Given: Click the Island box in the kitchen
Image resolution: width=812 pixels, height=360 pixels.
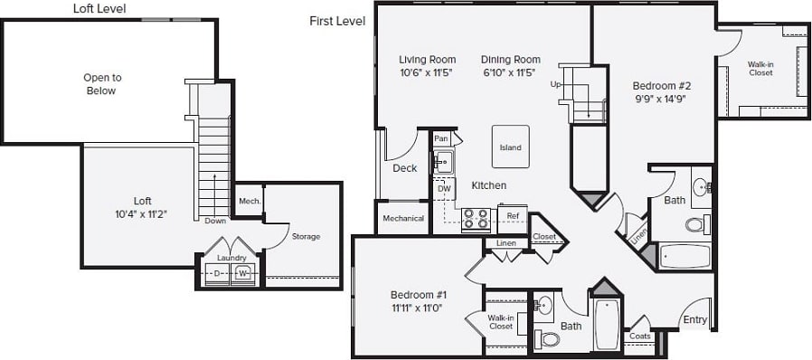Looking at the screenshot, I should [510, 147].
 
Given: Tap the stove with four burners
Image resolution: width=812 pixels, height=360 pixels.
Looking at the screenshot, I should [476, 218].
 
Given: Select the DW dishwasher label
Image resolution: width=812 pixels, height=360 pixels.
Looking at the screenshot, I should [444, 189].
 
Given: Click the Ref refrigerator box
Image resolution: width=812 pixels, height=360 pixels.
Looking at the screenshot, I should [512, 216].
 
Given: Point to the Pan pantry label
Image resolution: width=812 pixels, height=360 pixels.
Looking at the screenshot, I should [441, 138].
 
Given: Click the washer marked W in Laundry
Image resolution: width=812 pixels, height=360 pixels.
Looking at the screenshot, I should [242, 272].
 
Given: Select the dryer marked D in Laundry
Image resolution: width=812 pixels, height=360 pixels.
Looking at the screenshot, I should [217, 272].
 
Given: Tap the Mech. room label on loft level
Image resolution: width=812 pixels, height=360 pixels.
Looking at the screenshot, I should [249, 201].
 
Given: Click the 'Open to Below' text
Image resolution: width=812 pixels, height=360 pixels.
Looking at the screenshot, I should [102, 84].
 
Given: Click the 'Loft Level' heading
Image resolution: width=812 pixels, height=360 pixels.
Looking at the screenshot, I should [99, 9].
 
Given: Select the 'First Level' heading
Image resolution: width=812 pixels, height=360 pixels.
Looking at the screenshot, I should [336, 20].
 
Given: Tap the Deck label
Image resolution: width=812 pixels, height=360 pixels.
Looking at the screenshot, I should [404, 168].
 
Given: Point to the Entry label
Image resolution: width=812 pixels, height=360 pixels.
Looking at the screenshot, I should [694, 319].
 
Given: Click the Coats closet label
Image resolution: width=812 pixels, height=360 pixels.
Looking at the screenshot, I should [639, 336].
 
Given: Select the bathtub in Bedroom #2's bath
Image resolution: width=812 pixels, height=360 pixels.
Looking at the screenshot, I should [685, 256].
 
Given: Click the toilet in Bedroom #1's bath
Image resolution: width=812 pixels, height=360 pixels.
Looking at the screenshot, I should [548, 339].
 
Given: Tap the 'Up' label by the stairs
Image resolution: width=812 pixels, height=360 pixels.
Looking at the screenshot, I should [555, 84].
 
